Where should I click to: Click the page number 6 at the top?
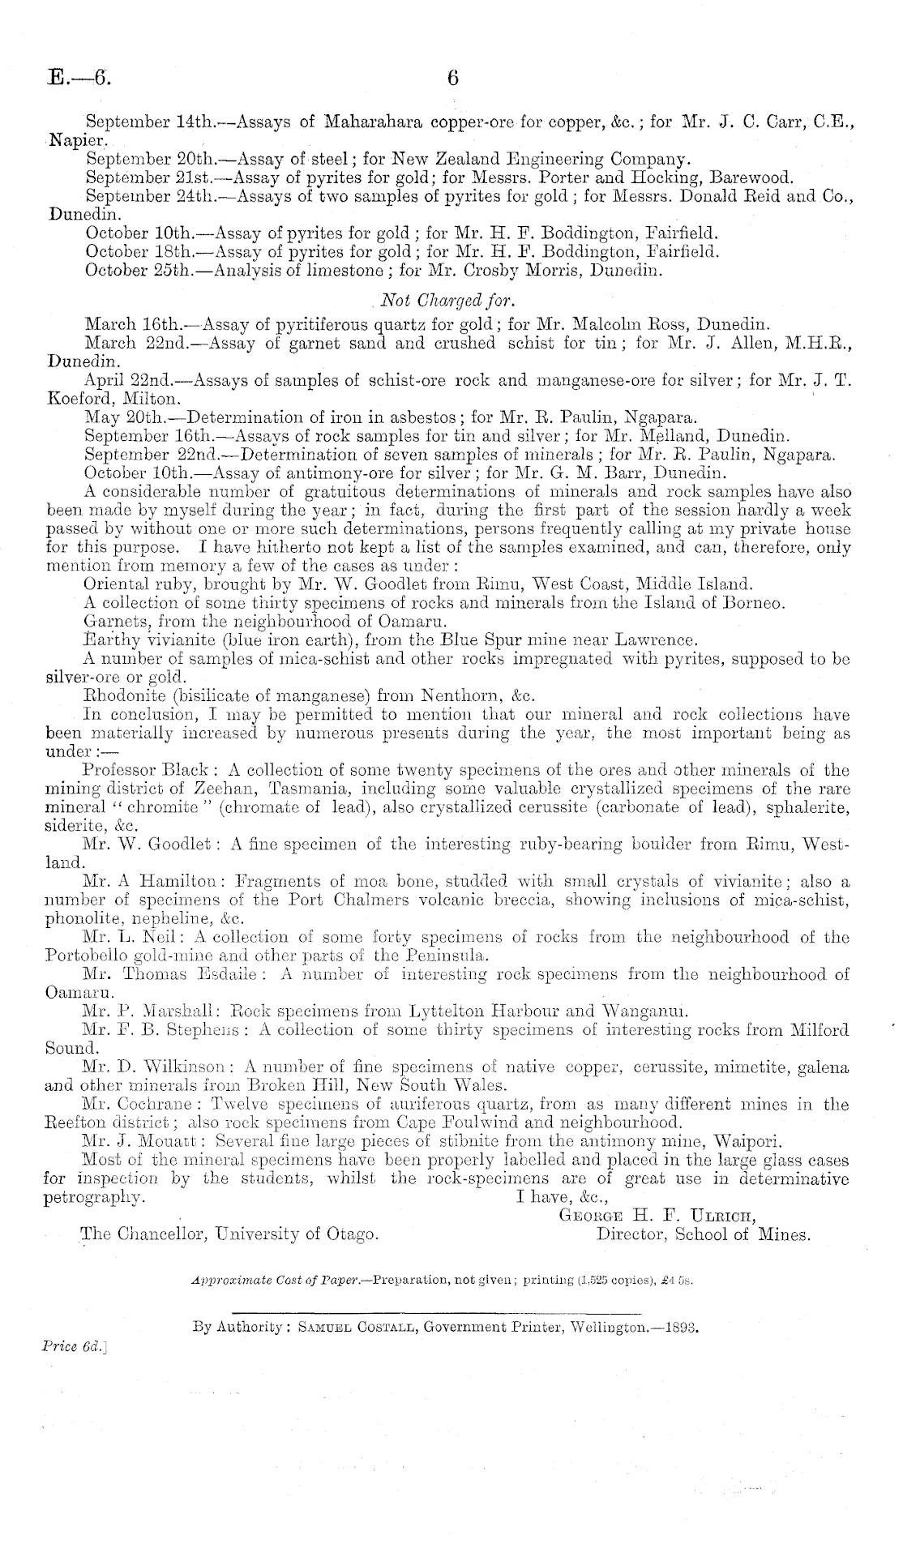452,78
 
